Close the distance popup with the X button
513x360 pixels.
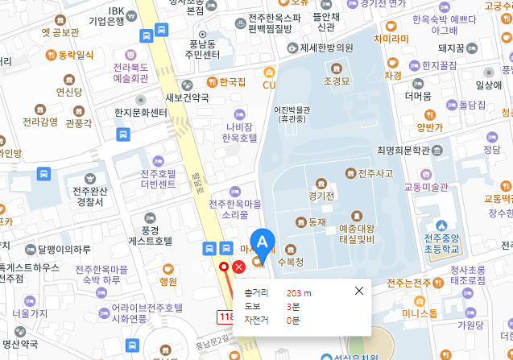pyautogui.click(x=359, y=291)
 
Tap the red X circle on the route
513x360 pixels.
pyautogui.click(x=239, y=267)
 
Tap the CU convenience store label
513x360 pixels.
pyautogui.click(x=269, y=84)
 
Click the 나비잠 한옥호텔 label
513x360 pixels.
pyautogui.click(x=239, y=131)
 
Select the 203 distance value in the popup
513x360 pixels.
pyautogui.click(x=295, y=292)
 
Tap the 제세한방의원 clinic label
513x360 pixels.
pyautogui.click(x=326, y=48)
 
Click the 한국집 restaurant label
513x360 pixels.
pyautogui.click(x=231, y=81)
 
